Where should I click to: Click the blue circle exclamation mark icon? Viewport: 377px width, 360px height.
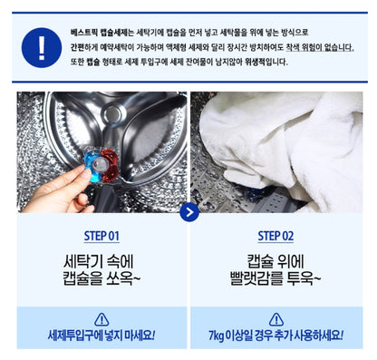click(x=42, y=47)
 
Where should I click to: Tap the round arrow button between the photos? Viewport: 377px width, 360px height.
click(x=189, y=212)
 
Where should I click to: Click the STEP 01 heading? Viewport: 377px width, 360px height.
click(x=101, y=236)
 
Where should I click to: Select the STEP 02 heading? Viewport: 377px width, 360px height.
click(x=275, y=236)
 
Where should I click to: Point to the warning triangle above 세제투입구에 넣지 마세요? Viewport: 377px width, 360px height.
click(x=101, y=320)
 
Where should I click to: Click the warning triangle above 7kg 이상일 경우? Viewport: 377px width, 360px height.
click(x=275, y=320)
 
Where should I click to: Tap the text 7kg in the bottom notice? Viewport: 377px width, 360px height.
click(x=217, y=336)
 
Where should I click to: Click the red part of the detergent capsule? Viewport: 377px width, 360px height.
click(x=110, y=166)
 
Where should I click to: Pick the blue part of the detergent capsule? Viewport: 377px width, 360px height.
click(x=92, y=163)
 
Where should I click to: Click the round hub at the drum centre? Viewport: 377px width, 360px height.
click(x=114, y=112)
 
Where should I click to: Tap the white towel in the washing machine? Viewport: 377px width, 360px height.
click(x=283, y=145)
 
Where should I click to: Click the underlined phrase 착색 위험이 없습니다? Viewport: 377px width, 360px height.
click(x=320, y=48)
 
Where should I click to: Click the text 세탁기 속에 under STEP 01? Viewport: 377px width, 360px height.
click(x=99, y=261)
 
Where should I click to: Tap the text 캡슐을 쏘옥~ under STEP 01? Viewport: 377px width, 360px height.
click(x=101, y=278)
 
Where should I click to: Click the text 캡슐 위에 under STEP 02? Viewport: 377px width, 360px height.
click(x=275, y=261)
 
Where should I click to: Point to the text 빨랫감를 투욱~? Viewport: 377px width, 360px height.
click(x=275, y=278)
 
